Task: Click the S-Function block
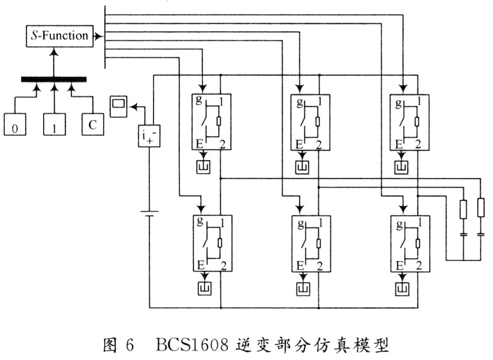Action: pyautogui.click(x=58, y=36)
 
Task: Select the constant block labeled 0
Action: pyautogui.click(x=15, y=126)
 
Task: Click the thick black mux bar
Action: pyautogui.click(x=54, y=79)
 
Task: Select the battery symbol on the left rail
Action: pyautogui.click(x=150, y=213)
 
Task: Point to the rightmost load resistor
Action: pyautogui.click(x=481, y=208)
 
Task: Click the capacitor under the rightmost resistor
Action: pyautogui.click(x=481, y=234)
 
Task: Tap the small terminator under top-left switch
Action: pyautogui.click(x=203, y=167)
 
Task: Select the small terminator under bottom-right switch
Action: pyautogui.click(x=403, y=288)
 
